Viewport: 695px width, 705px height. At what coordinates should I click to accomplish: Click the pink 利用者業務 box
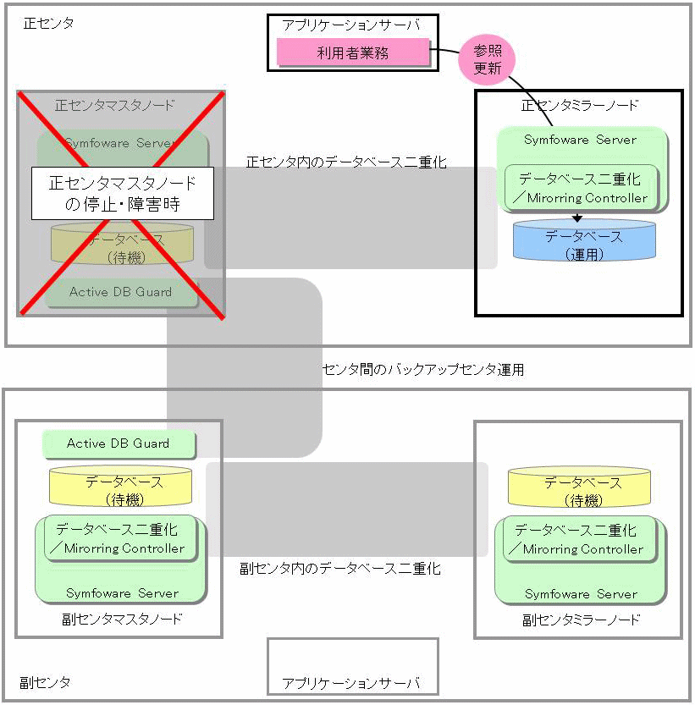point(352,53)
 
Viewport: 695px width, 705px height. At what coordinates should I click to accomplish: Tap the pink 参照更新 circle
point(487,59)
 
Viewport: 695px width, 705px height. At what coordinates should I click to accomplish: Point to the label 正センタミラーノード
point(580,106)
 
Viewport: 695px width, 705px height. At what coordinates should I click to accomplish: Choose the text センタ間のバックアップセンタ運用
point(423,370)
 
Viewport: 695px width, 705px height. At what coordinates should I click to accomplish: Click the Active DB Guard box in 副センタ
point(119,443)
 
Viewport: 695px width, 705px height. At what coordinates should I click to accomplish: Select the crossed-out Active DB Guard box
point(120,292)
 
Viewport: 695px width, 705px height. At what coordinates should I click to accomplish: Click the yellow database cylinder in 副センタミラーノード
point(582,489)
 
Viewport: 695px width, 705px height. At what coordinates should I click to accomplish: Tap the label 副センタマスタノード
point(122,619)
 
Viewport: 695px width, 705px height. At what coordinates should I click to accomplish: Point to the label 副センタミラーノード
point(582,620)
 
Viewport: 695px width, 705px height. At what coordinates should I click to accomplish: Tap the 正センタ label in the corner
point(48,24)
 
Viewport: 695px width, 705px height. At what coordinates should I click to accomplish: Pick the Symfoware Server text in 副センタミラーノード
point(581,594)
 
